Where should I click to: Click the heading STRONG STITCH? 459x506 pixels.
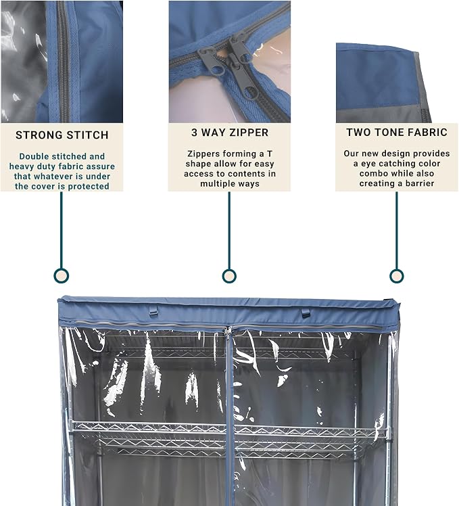point(62,135)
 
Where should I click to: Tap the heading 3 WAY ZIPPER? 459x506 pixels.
point(230,133)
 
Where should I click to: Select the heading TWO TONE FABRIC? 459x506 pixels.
point(397,133)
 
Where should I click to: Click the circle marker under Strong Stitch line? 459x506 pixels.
point(62,276)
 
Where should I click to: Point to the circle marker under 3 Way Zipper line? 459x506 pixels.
point(229,276)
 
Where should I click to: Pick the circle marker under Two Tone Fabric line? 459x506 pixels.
point(396,276)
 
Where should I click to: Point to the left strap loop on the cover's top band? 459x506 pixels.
point(153,312)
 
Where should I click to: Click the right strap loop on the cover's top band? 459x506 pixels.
point(306,313)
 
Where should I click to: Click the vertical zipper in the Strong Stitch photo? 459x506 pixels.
point(63,62)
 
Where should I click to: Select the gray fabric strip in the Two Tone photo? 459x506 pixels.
point(384,114)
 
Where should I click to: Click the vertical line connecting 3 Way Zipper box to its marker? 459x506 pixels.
point(229,230)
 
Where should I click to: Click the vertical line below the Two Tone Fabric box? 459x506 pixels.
point(396,230)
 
